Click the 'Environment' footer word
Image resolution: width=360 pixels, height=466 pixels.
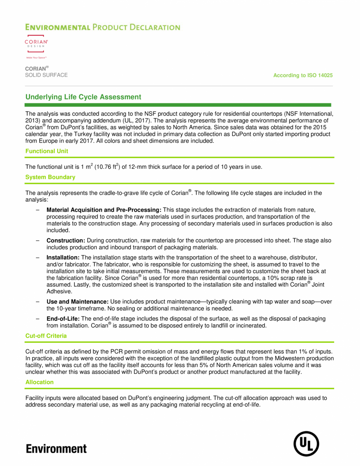(x=56, y=448)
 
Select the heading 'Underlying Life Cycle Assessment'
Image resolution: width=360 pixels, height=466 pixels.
(x=83, y=97)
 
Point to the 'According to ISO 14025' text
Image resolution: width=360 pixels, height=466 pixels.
(x=303, y=75)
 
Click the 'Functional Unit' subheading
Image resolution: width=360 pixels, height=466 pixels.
(x=47, y=151)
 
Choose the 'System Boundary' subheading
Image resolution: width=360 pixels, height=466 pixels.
(x=50, y=177)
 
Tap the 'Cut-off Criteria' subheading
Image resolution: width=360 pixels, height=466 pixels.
(x=46, y=336)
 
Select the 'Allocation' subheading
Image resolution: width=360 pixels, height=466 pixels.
(x=40, y=382)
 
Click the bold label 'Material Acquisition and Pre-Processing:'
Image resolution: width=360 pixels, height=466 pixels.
(x=104, y=210)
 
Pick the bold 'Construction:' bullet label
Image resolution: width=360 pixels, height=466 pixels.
(x=66, y=240)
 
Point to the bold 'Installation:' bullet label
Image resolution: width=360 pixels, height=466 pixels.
(x=63, y=257)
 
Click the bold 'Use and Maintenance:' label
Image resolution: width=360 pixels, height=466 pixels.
(x=78, y=302)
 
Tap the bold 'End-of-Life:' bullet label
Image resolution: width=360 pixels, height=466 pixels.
(x=63, y=319)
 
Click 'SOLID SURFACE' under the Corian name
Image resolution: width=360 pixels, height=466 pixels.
(x=46, y=75)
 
